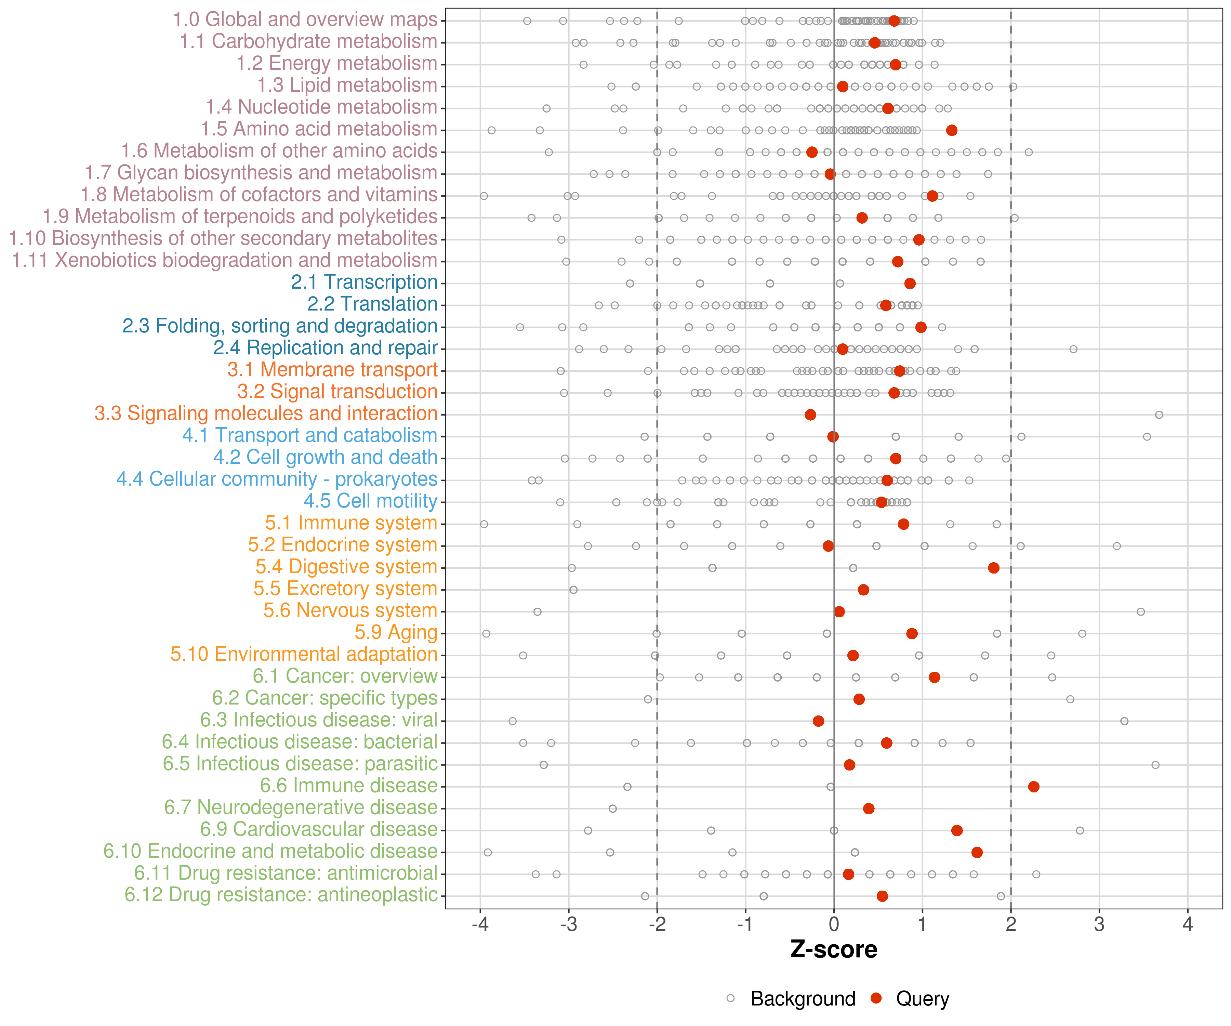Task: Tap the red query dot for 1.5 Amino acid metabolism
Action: coord(951,130)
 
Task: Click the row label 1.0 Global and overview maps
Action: coord(305,20)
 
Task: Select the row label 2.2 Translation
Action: coord(372,304)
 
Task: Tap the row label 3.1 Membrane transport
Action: coord(332,370)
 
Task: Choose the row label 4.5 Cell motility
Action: coord(370,501)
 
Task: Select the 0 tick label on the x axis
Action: coord(834,925)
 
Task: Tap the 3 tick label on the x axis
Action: coord(1099,925)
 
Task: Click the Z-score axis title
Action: coord(834,950)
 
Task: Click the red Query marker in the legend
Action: coord(876,998)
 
